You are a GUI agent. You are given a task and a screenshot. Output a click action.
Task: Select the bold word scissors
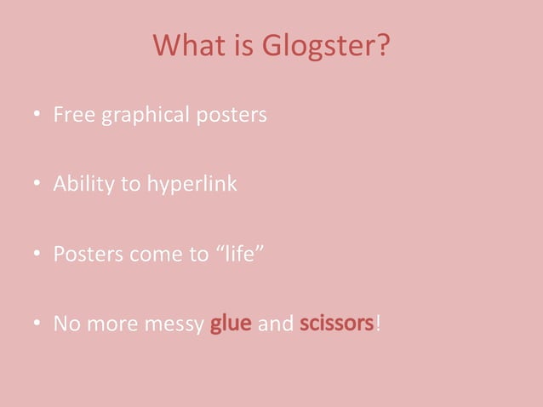[x=336, y=324]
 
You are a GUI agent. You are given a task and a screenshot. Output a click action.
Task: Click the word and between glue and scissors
[x=275, y=324]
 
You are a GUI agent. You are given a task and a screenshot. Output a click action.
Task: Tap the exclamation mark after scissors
[x=377, y=324]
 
